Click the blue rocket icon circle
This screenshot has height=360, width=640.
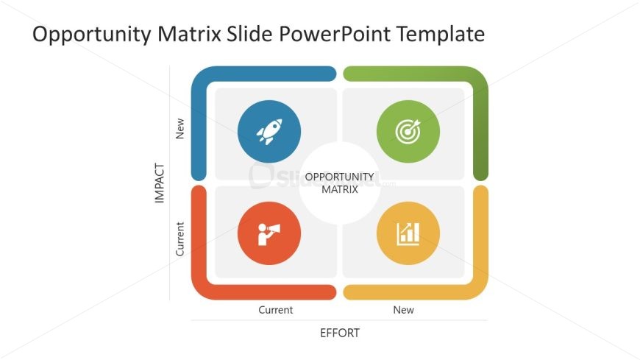pyautogui.click(x=269, y=132)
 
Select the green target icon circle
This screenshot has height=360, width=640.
pyautogui.click(x=408, y=132)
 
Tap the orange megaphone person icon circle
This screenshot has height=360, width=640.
pyautogui.click(x=269, y=233)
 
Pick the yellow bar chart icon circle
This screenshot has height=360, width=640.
pyautogui.click(x=408, y=233)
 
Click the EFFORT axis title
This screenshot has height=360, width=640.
pyautogui.click(x=340, y=333)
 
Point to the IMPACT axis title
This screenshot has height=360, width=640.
pyautogui.click(x=160, y=183)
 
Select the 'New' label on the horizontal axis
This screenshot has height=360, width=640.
pyautogui.click(x=403, y=310)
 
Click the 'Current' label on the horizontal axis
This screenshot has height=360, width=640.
pyautogui.click(x=276, y=310)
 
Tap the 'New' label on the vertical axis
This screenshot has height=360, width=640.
pyautogui.click(x=179, y=129)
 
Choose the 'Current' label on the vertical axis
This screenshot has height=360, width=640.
pyautogui.click(x=179, y=239)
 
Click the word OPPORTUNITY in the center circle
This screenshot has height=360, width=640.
pyautogui.click(x=340, y=177)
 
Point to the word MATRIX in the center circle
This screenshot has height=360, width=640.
pyautogui.click(x=340, y=190)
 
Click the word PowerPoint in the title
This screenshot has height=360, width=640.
pyautogui.click(x=335, y=34)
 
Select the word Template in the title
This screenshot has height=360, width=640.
pyautogui.click(x=441, y=35)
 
